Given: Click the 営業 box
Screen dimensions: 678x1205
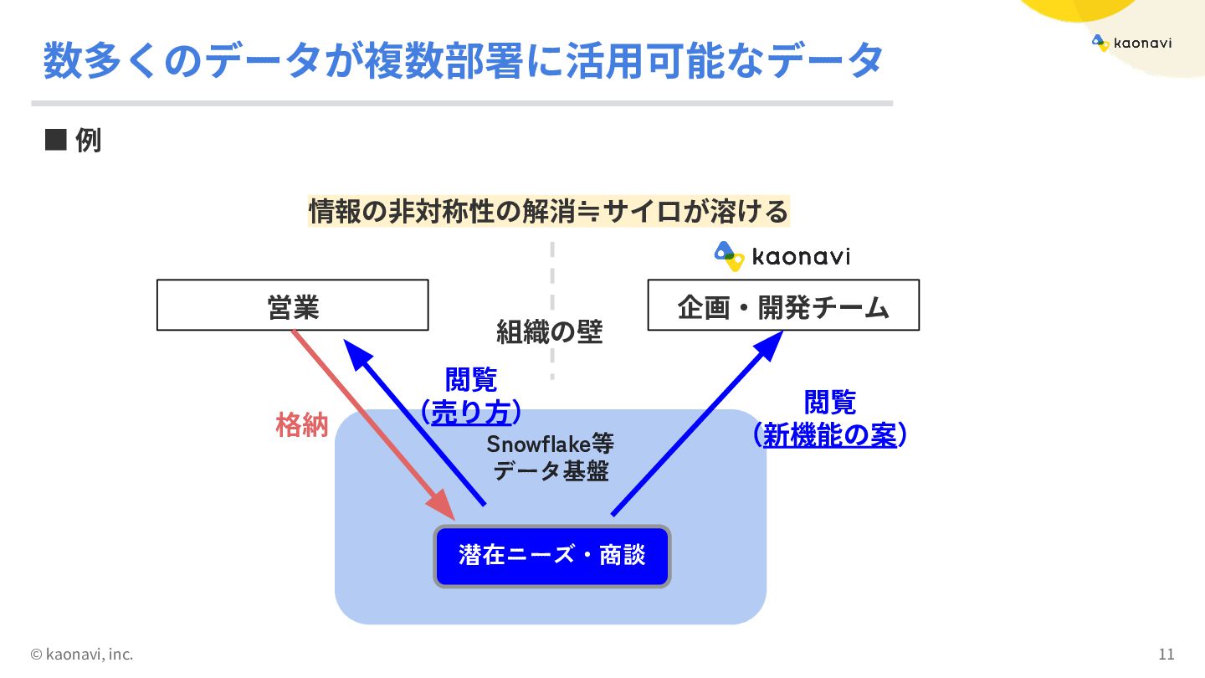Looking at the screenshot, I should [292, 306].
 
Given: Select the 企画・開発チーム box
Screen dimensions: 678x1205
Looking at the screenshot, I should [783, 306].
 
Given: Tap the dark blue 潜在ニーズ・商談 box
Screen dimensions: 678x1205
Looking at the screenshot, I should [552, 556].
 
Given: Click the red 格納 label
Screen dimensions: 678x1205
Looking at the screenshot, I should [302, 425].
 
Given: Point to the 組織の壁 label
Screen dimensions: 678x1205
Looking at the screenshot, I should [549, 331].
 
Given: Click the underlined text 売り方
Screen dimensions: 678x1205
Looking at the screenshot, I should [471, 412].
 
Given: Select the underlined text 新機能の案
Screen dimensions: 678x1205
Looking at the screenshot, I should [829, 434].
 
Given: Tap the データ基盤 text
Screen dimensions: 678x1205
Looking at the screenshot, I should [551, 471].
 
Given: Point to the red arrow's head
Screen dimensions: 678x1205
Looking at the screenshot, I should [441, 506].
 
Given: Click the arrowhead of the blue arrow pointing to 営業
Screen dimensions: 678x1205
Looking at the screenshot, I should [358, 352].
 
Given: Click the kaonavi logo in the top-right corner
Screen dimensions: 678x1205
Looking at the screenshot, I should [1131, 43].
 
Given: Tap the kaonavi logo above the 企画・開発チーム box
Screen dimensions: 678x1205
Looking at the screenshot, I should [782, 256].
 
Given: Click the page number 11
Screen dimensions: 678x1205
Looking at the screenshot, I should [1167, 654].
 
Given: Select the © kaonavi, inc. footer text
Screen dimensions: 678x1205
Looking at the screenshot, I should [82, 654].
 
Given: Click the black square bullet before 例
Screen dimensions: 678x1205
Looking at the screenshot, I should [55, 140].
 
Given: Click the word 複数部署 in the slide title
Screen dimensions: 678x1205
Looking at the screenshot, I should [439, 60].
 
